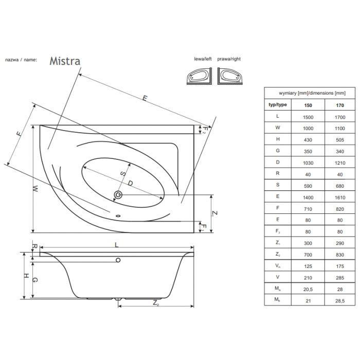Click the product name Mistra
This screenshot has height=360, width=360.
[65, 61]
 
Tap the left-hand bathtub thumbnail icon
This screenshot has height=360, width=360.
[200, 76]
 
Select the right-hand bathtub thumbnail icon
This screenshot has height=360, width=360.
[230, 76]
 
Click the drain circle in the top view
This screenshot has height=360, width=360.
[118, 195]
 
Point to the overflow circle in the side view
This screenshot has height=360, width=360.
[118, 260]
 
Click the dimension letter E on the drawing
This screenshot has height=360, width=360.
[145, 98]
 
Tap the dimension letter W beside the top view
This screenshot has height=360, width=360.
[35, 189]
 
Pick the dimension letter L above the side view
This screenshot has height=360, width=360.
[117, 245]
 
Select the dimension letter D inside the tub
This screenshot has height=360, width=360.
[130, 183]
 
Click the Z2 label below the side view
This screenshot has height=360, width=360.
[156, 303]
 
